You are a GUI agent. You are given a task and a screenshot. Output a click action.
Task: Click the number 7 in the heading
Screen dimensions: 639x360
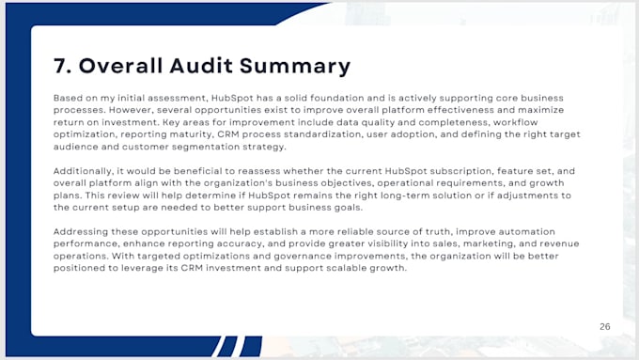coord(61,66)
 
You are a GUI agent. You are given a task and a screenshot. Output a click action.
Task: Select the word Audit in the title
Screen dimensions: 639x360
coord(201,66)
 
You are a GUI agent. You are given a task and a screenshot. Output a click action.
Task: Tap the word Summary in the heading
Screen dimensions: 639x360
coord(295,67)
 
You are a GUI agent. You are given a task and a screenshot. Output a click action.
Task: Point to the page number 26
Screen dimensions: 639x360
coord(605,326)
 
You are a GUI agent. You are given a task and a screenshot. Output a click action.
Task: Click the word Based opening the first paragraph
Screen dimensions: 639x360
coord(68,98)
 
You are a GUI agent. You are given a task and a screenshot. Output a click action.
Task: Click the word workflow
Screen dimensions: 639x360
coord(516,122)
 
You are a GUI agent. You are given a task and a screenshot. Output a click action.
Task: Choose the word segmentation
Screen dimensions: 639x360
coord(206,147)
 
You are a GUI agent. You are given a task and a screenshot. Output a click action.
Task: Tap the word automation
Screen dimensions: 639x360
coord(527,231)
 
